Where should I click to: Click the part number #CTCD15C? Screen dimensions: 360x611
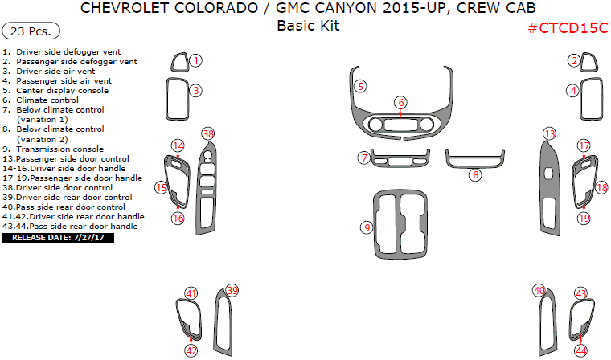pyautogui.click(x=568, y=28)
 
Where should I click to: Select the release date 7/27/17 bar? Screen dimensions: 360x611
pyautogui.click(x=57, y=238)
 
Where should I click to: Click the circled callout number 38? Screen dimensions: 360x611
pyautogui.click(x=208, y=134)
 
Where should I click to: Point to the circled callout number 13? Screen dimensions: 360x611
pyautogui.click(x=549, y=133)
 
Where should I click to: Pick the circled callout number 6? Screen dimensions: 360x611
pyautogui.click(x=400, y=102)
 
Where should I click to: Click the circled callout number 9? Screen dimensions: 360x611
pyautogui.click(x=367, y=228)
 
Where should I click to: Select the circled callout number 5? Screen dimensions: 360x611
pyautogui.click(x=361, y=85)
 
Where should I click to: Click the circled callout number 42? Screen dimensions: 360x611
pyautogui.click(x=191, y=350)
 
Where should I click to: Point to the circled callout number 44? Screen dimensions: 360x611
pyautogui.click(x=580, y=350)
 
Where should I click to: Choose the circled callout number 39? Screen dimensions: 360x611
pyautogui.click(x=232, y=290)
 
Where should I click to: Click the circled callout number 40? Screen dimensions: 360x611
pyautogui.click(x=539, y=290)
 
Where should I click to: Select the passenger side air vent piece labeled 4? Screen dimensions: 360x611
pyautogui.click(x=591, y=102)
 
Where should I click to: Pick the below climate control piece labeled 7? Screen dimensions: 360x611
pyautogui.click(x=393, y=157)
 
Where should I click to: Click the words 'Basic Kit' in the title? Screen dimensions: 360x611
pyautogui.click(x=308, y=26)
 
